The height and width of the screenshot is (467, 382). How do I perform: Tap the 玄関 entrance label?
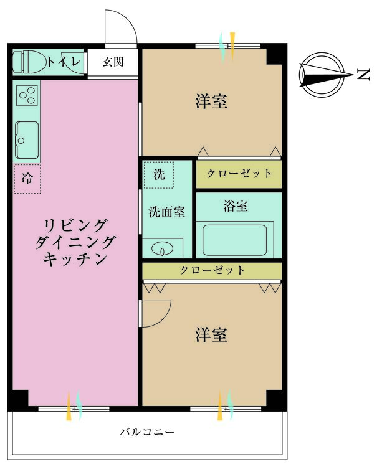coord(113,62)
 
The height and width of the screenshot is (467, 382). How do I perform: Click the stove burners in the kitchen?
coord(27,96)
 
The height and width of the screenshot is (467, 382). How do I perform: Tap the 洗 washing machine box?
coord(160,174)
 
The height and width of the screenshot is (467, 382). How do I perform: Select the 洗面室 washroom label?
coord(166,212)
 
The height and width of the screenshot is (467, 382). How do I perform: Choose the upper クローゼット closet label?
coord(239,173)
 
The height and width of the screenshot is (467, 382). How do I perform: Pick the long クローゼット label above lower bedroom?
coord(212,271)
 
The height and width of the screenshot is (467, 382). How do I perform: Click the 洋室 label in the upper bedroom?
coord(211,101)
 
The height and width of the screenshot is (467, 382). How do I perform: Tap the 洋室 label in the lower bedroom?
coord(211,335)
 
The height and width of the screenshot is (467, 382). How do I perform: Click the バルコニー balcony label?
coord(147,432)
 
